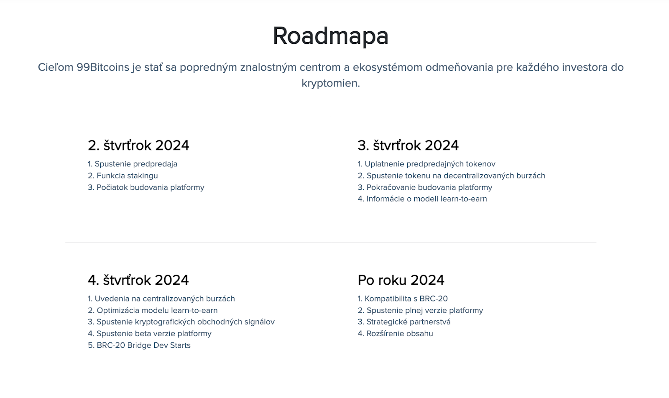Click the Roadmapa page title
pyautogui.click(x=331, y=36)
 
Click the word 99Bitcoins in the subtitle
pyautogui.click(x=103, y=67)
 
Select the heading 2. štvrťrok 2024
pyautogui.click(x=138, y=145)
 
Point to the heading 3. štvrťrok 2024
pyautogui.click(x=408, y=145)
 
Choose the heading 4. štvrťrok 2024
pyautogui.click(x=138, y=280)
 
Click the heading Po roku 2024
pyautogui.click(x=401, y=280)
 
